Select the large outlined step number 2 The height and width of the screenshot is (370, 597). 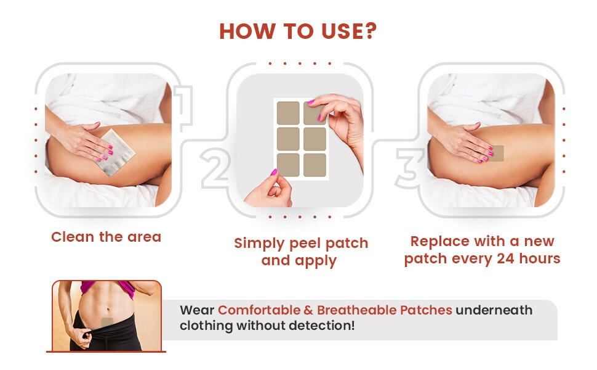215,167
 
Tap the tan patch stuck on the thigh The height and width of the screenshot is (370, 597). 495,153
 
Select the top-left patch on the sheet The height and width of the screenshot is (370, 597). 287,113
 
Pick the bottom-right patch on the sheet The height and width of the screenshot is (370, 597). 315,165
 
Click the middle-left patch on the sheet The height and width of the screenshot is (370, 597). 287,139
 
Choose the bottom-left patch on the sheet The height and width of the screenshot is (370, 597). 287,165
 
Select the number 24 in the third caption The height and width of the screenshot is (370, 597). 507,258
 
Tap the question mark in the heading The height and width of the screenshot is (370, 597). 369,31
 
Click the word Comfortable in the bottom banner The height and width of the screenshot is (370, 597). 258,310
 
